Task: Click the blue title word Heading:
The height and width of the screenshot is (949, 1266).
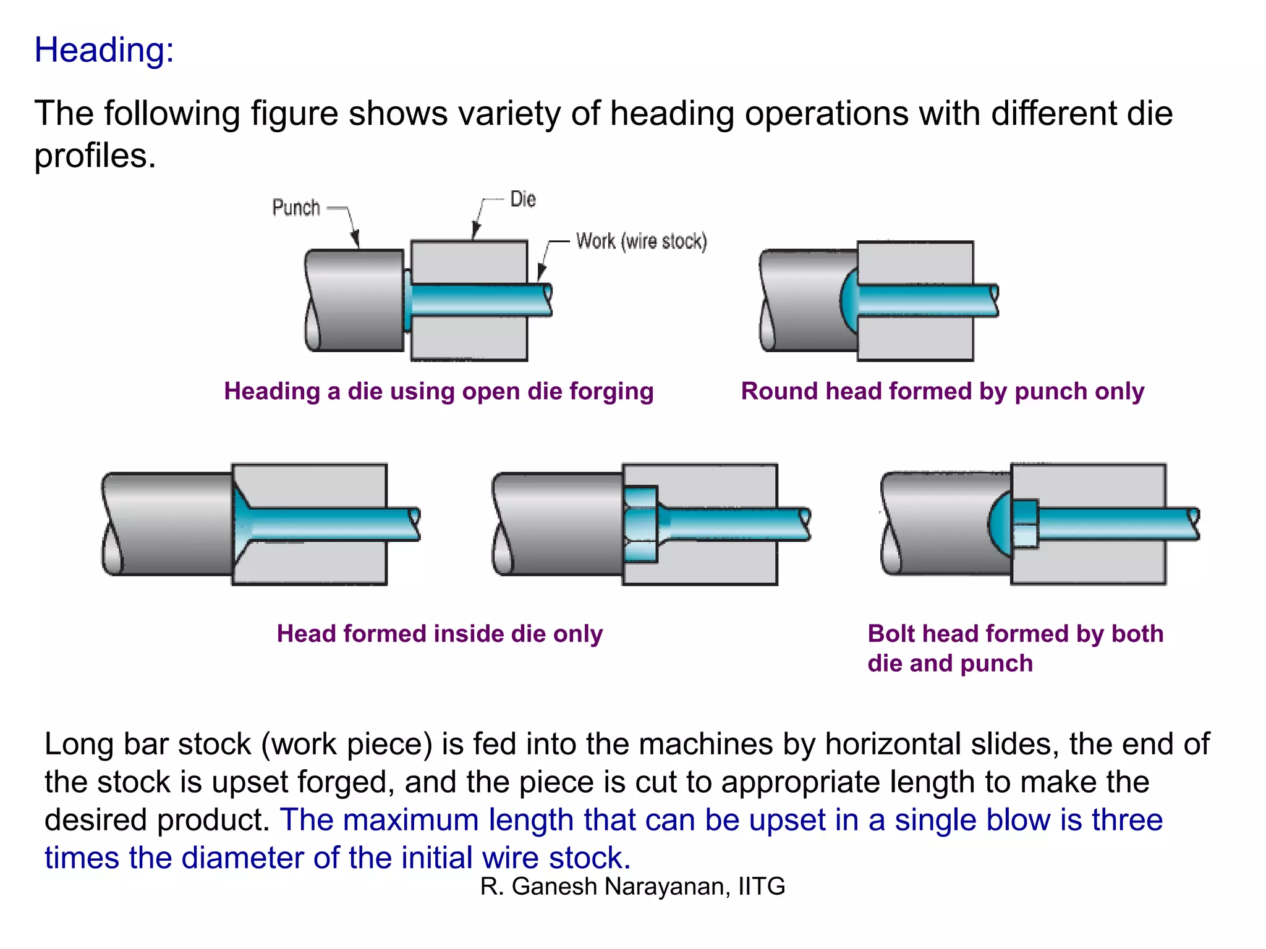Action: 104,50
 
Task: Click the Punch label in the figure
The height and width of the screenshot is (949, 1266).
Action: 296,208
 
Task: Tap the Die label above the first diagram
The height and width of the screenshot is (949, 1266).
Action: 523,200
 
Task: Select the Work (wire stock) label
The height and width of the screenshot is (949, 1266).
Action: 641,241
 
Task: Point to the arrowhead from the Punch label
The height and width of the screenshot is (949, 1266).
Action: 355,240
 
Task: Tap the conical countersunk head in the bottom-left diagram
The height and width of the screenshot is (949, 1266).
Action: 242,524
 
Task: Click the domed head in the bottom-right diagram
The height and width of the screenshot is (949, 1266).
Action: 1000,524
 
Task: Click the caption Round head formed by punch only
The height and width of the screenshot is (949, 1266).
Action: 942,391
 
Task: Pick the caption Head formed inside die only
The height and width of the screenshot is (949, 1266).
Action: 440,634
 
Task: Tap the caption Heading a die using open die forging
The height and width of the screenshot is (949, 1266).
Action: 438,391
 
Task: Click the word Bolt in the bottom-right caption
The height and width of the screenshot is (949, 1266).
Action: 890,634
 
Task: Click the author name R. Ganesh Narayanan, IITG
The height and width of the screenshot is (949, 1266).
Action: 632,886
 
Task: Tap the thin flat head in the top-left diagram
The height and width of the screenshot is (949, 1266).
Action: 407,300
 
